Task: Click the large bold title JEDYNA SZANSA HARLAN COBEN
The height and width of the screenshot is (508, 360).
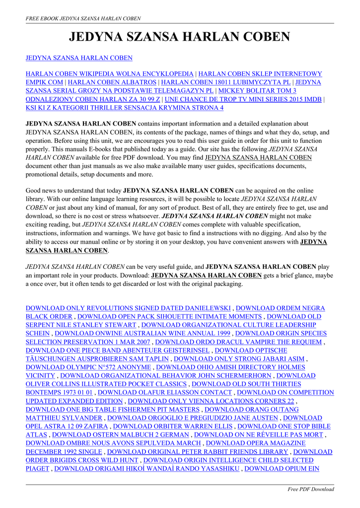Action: coord(179,37)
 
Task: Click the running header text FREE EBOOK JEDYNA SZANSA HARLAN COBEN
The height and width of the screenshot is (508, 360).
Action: coord(83,18)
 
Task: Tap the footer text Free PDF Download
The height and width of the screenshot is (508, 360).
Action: coord(311,489)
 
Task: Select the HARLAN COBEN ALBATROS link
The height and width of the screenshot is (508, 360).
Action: coord(113,82)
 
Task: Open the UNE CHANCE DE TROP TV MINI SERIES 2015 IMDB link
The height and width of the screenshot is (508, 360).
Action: coord(243,99)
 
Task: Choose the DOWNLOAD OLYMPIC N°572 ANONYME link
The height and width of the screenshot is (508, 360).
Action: coord(89,367)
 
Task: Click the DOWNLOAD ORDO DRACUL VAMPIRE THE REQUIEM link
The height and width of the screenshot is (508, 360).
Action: coord(239,342)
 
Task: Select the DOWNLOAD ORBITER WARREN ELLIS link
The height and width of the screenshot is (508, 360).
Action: coord(173,426)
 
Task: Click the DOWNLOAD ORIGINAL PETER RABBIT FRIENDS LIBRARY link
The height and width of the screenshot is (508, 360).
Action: coord(198,451)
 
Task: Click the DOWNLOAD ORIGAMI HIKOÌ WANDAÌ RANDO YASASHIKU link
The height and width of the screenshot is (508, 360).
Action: coord(147,468)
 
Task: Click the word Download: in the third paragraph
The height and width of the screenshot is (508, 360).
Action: coord(134,275)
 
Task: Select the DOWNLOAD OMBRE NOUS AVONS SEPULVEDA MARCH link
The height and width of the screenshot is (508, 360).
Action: coord(113,443)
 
